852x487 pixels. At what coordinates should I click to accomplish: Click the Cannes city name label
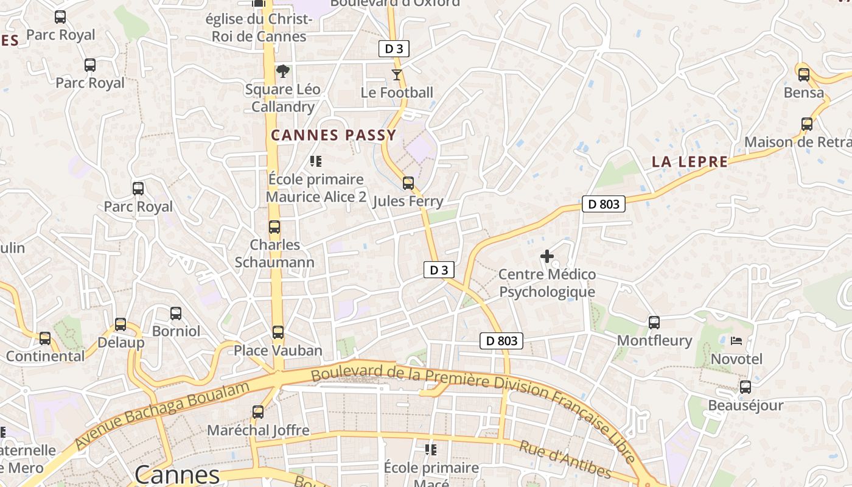click(176, 474)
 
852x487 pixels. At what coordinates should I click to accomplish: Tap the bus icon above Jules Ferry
click(408, 183)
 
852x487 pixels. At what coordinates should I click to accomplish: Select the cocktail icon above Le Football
click(397, 75)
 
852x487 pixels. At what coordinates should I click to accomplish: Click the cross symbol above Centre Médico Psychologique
click(546, 256)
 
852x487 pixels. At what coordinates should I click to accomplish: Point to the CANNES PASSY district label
click(333, 135)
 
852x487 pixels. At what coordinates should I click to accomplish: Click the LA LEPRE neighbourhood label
click(690, 162)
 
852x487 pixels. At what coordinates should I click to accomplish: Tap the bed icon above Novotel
click(736, 340)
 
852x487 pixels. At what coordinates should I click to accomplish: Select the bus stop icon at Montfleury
click(654, 322)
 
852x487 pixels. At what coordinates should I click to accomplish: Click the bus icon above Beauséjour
click(745, 387)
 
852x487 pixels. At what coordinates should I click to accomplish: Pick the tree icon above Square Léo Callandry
click(282, 71)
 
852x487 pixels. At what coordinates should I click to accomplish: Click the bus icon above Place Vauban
click(278, 332)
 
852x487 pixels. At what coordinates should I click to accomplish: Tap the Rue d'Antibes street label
click(565, 459)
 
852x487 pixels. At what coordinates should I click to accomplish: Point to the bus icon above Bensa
click(803, 75)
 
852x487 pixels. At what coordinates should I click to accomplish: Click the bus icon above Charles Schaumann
click(274, 227)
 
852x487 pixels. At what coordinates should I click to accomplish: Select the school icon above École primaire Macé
click(431, 450)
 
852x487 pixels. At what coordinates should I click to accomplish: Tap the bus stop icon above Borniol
click(176, 314)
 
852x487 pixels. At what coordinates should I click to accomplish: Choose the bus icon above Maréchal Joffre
click(258, 412)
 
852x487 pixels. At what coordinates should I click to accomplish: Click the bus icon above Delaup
click(120, 324)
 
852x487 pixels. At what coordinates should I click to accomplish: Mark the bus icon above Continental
click(45, 338)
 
